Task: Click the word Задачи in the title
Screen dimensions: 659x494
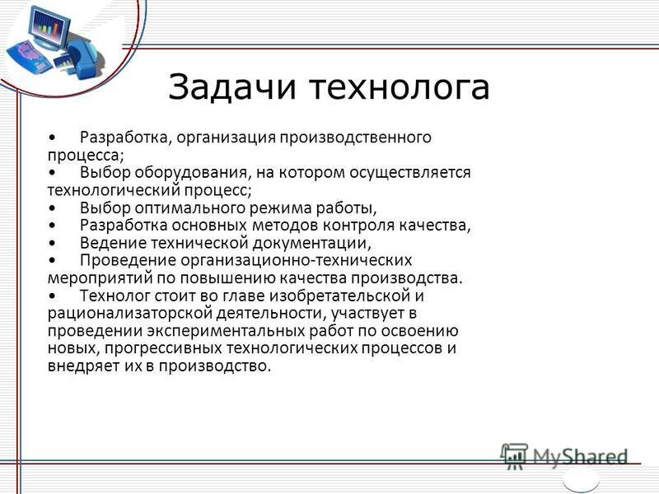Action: (232, 88)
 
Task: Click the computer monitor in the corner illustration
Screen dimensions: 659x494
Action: (49, 27)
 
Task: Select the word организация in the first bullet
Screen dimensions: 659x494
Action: (226, 138)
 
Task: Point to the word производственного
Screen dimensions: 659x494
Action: (356, 138)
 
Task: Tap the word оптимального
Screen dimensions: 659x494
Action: (190, 209)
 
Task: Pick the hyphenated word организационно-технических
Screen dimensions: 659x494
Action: (297, 261)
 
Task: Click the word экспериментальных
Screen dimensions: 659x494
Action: (226, 332)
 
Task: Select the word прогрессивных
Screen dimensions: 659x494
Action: (163, 349)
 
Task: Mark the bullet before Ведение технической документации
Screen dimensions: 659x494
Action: (52, 244)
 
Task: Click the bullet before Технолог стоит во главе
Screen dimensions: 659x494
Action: (52, 296)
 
